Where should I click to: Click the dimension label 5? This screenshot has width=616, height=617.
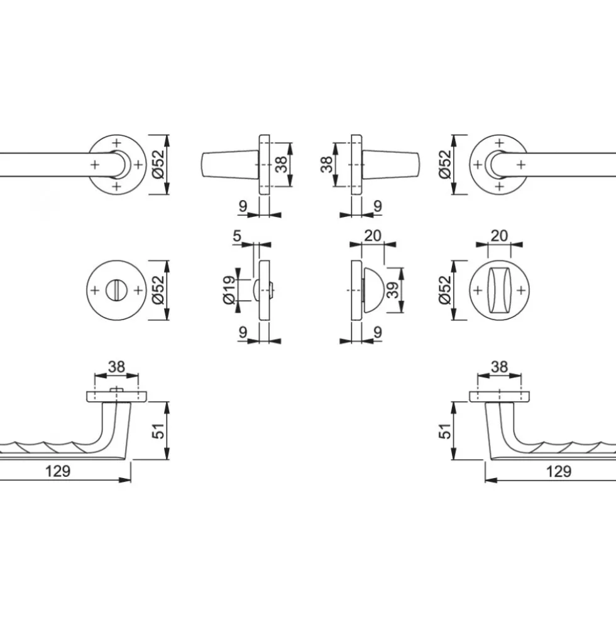pyautogui.click(x=236, y=236)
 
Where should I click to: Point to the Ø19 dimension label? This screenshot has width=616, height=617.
pyautogui.click(x=229, y=290)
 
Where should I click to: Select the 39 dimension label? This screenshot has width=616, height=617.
pyautogui.click(x=393, y=290)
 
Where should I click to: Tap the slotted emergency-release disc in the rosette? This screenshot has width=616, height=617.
pyautogui.click(x=116, y=291)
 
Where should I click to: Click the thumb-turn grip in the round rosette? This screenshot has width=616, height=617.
pyautogui.click(x=499, y=291)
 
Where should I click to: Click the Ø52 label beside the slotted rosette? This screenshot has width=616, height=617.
pyautogui.click(x=158, y=290)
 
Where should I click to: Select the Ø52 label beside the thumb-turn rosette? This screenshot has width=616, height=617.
pyautogui.click(x=445, y=290)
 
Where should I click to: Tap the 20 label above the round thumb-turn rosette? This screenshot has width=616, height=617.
pyautogui.click(x=499, y=236)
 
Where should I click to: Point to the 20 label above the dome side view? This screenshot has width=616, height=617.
pyautogui.click(x=373, y=236)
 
